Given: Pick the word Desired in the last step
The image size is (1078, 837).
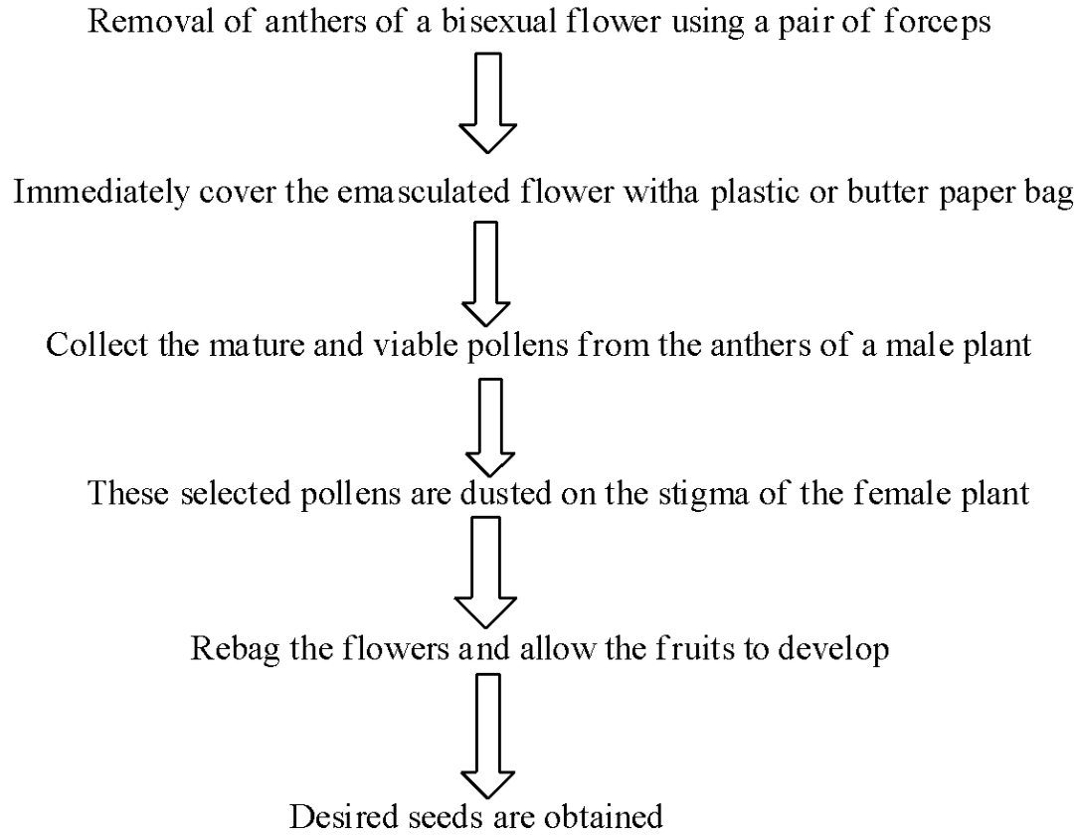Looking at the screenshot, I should click(x=330, y=817).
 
